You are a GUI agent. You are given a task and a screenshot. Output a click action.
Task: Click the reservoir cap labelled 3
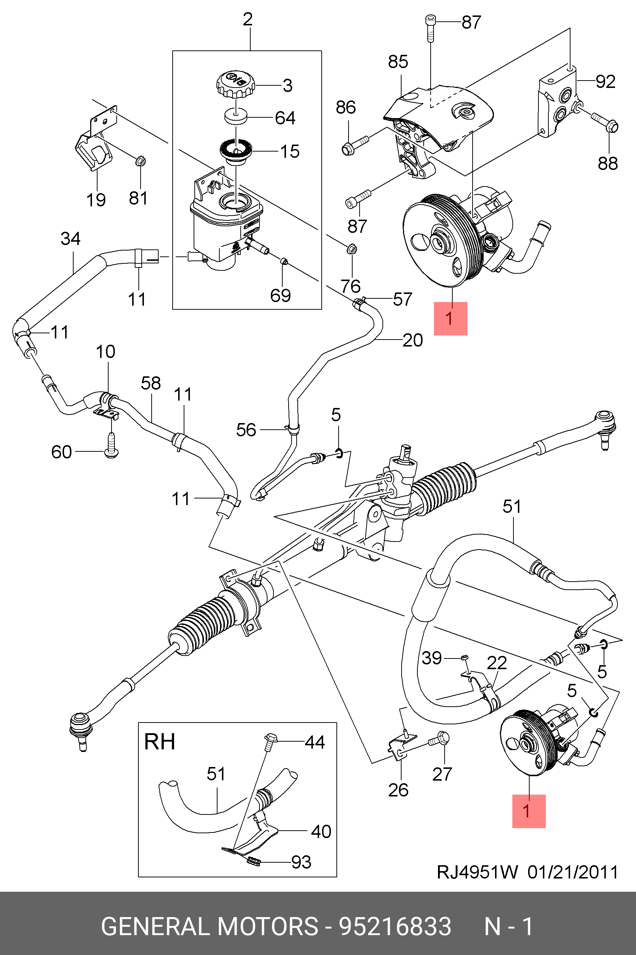tap(236, 84)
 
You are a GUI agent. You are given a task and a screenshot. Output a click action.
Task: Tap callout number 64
tap(285, 118)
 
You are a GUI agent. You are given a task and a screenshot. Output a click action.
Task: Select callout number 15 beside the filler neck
tap(290, 152)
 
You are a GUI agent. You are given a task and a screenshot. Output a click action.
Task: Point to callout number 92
tap(605, 82)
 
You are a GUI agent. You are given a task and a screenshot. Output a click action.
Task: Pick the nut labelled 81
tap(140, 161)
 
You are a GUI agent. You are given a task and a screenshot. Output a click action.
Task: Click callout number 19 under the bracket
tap(96, 200)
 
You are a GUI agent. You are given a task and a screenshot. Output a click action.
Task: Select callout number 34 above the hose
tap(71, 239)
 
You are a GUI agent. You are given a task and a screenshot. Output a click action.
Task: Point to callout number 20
tap(413, 340)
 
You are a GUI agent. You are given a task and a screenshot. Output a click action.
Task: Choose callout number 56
tap(246, 430)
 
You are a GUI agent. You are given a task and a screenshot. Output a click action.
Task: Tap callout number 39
tap(432, 658)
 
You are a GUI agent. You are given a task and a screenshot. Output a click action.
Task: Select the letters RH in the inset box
tap(160, 742)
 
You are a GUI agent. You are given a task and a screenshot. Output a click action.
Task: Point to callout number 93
tap(301, 862)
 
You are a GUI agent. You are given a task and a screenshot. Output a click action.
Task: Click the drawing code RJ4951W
tap(477, 872)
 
